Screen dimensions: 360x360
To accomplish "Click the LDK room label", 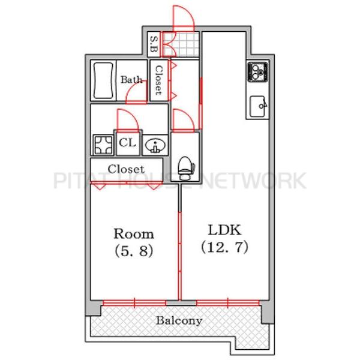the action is pyautogui.click(x=225, y=230).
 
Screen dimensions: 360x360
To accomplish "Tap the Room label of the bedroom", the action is pyautogui.click(x=134, y=234).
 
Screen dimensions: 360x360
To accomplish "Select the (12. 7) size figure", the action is pyautogui.click(x=225, y=247).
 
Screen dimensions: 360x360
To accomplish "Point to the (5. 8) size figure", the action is pyautogui.click(x=134, y=250).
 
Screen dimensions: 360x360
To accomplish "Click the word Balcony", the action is pyautogui.click(x=179, y=321).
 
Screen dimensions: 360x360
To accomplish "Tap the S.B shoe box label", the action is pyautogui.click(x=154, y=44).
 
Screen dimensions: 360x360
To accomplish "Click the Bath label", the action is pyautogui.click(x=131, y=80).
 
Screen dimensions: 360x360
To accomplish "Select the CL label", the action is pyautogui.click(x=128, y=143).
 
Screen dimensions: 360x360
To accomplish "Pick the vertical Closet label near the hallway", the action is pyautogui.click(x=159, y=80).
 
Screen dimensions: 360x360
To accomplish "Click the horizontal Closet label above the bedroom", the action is pyautogui.click(x=126, y=169).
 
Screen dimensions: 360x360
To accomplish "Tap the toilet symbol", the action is pyautogui.click(x=186, y=168).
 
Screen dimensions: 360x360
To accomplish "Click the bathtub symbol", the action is pyautogui.click(x=104, y=80).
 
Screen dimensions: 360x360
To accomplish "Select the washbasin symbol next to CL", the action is pyautogui.click(x=155, y=145).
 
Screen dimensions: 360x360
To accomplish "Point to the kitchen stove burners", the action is pyautogui.click(x=257, y=72).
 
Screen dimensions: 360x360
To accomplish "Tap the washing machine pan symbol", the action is pyautogui.click(x=103, y=145).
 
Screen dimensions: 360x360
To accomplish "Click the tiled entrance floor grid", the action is pyautogui.click(x=181, y=44).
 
